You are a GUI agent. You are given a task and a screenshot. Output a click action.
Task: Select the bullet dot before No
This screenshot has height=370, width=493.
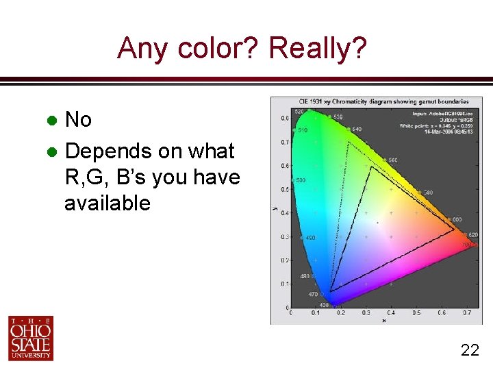51,121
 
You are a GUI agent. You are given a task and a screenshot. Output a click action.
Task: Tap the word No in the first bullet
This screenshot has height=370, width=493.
78,120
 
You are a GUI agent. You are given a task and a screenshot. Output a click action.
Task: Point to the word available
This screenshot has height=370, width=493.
107,203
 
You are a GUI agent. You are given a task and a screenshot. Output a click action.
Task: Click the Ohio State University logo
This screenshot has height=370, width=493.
31,338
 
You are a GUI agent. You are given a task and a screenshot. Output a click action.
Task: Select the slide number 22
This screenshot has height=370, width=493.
470,350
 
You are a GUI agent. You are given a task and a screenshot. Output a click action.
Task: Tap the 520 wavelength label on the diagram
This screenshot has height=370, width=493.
299,111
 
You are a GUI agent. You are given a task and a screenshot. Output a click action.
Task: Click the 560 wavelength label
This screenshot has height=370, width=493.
392,160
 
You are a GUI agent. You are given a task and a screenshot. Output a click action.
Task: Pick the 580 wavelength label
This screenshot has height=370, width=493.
427,193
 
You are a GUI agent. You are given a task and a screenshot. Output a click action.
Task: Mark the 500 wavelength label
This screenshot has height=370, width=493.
301,180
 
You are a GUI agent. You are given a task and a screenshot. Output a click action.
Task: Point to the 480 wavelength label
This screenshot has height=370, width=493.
305,277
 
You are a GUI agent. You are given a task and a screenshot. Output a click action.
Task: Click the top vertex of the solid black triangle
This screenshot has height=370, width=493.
370,166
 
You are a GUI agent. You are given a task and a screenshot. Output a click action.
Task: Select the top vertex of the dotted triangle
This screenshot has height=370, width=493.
348,142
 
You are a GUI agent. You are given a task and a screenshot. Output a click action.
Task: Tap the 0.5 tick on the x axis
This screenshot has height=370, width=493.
416,312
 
